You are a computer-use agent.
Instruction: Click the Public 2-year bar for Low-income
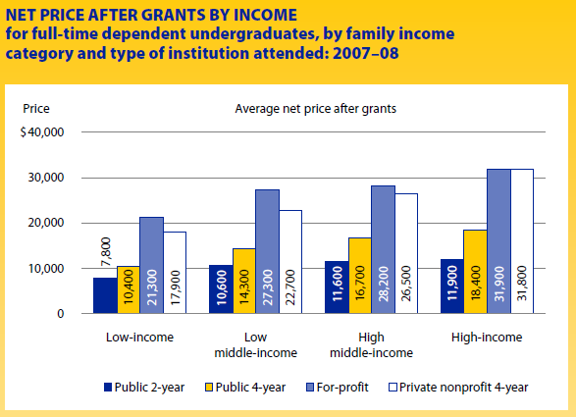[x=105, y=295]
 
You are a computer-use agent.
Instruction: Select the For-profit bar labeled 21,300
[x=152, y=265]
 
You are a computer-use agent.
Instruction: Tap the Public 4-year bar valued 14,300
[x=244, y=281]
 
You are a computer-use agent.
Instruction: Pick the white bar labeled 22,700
[x=290, y=262]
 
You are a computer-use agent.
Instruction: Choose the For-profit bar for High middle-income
[x=383, y=249]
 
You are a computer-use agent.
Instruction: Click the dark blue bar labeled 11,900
[x=452, y=287]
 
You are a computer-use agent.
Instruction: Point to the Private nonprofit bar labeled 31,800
[x=522, y=241]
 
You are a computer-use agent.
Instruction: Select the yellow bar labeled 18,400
[x=475, y=272]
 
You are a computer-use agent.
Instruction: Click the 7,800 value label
[x=106, y=252]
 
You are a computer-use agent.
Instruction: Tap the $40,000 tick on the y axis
[x=42, y=132]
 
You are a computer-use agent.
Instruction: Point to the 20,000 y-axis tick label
[x=46, y=223]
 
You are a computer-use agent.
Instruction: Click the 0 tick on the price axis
[x=60, y=314]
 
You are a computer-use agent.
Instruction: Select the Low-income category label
[x=139, y=338]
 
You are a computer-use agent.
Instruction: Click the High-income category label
[x=487, y=338]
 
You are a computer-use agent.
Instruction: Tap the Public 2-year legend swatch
[x=108, y=388]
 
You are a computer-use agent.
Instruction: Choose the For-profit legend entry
[x=338, y=388]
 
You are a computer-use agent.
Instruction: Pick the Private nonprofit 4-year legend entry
[x=458, y=388]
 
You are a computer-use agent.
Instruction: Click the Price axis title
[x=36, y=109]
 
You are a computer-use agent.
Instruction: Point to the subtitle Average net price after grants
[x=316, y=109]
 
